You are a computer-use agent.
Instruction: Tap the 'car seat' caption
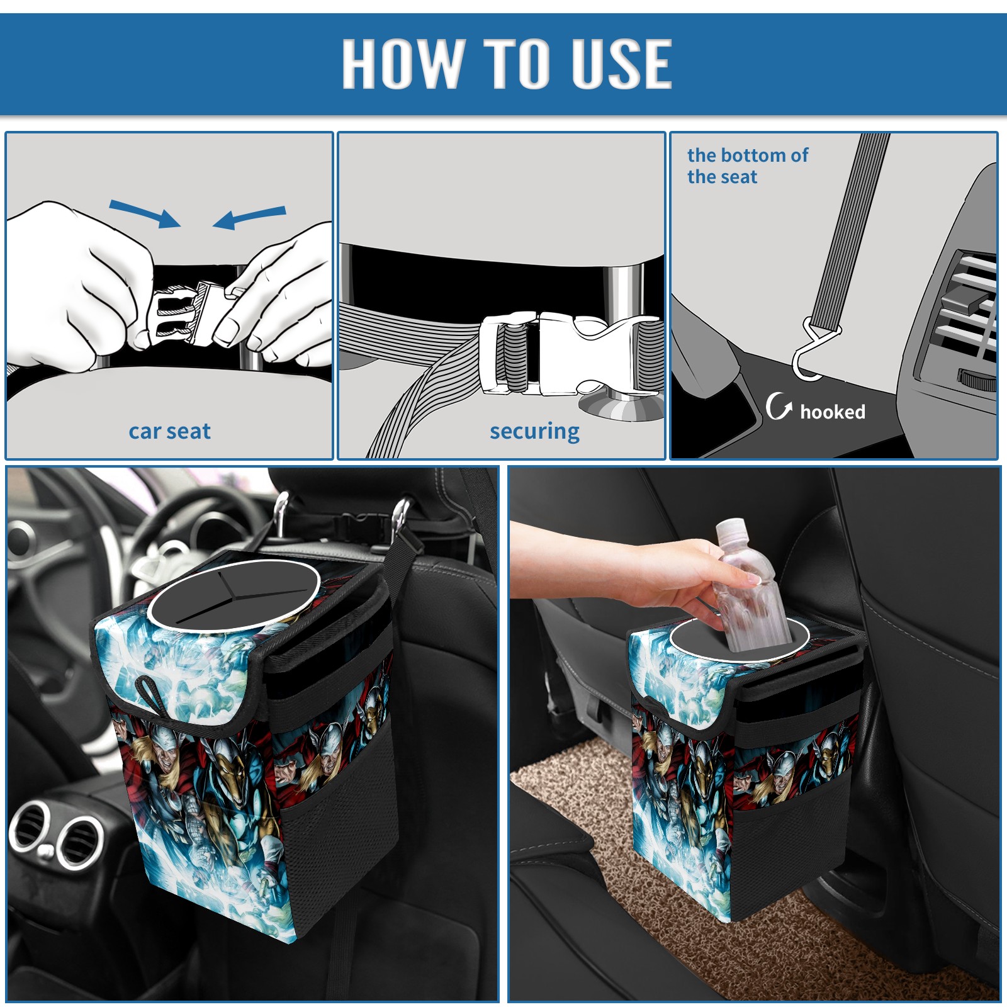point(169,432)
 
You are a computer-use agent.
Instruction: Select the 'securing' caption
point(534,432)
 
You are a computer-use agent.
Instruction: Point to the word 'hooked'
point(833,412)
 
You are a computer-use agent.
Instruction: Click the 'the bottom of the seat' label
point(748,166)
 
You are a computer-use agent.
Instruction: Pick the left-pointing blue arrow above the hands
point(249,217)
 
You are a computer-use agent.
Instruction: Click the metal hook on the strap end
point(816,350)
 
